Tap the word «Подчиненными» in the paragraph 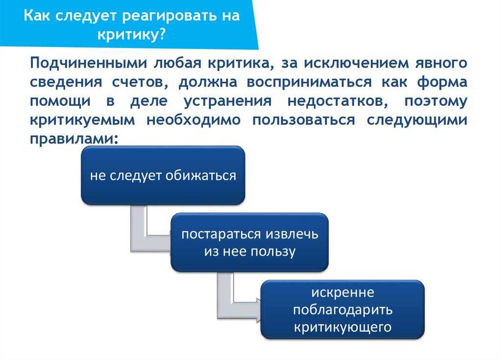88,63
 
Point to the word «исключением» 356,63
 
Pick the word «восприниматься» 309,83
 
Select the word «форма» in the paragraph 442,82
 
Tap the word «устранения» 227,101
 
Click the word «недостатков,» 338,101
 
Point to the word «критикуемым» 82,120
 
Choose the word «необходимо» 194,120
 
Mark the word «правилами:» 75,140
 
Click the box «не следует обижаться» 163,175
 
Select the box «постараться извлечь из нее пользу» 250,242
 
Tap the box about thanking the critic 343,310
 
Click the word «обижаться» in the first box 201,175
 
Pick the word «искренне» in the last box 343,292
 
